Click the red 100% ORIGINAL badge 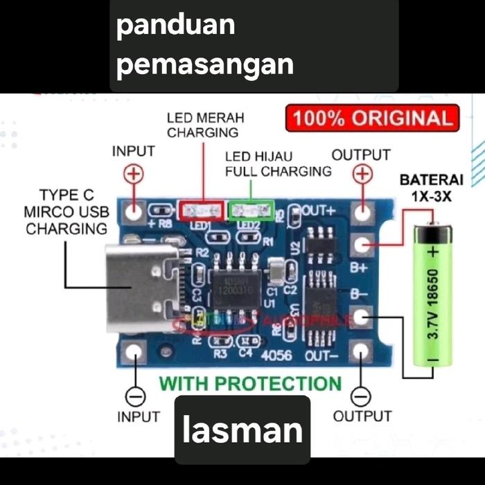click(x=372, y=118)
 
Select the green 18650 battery click(x=432, y=294)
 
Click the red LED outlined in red click(x=202, y=210)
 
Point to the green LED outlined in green click(x=251, y=209)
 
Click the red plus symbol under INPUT click(x=134, y=174)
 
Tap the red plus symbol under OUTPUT click(x=361, y=174)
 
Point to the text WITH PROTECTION click(x=250, y=383)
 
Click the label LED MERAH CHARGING click(x=205, y=125)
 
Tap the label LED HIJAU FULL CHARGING click(x=278, y=164)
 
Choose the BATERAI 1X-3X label click(x=426, y=188)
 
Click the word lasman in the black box click(x=242, y=430)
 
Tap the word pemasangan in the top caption click(x=205, y=64)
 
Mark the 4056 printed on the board click(x=278, y=355)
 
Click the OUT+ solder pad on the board click(x=360, y=210)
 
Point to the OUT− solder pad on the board click(x=360, y=352)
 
